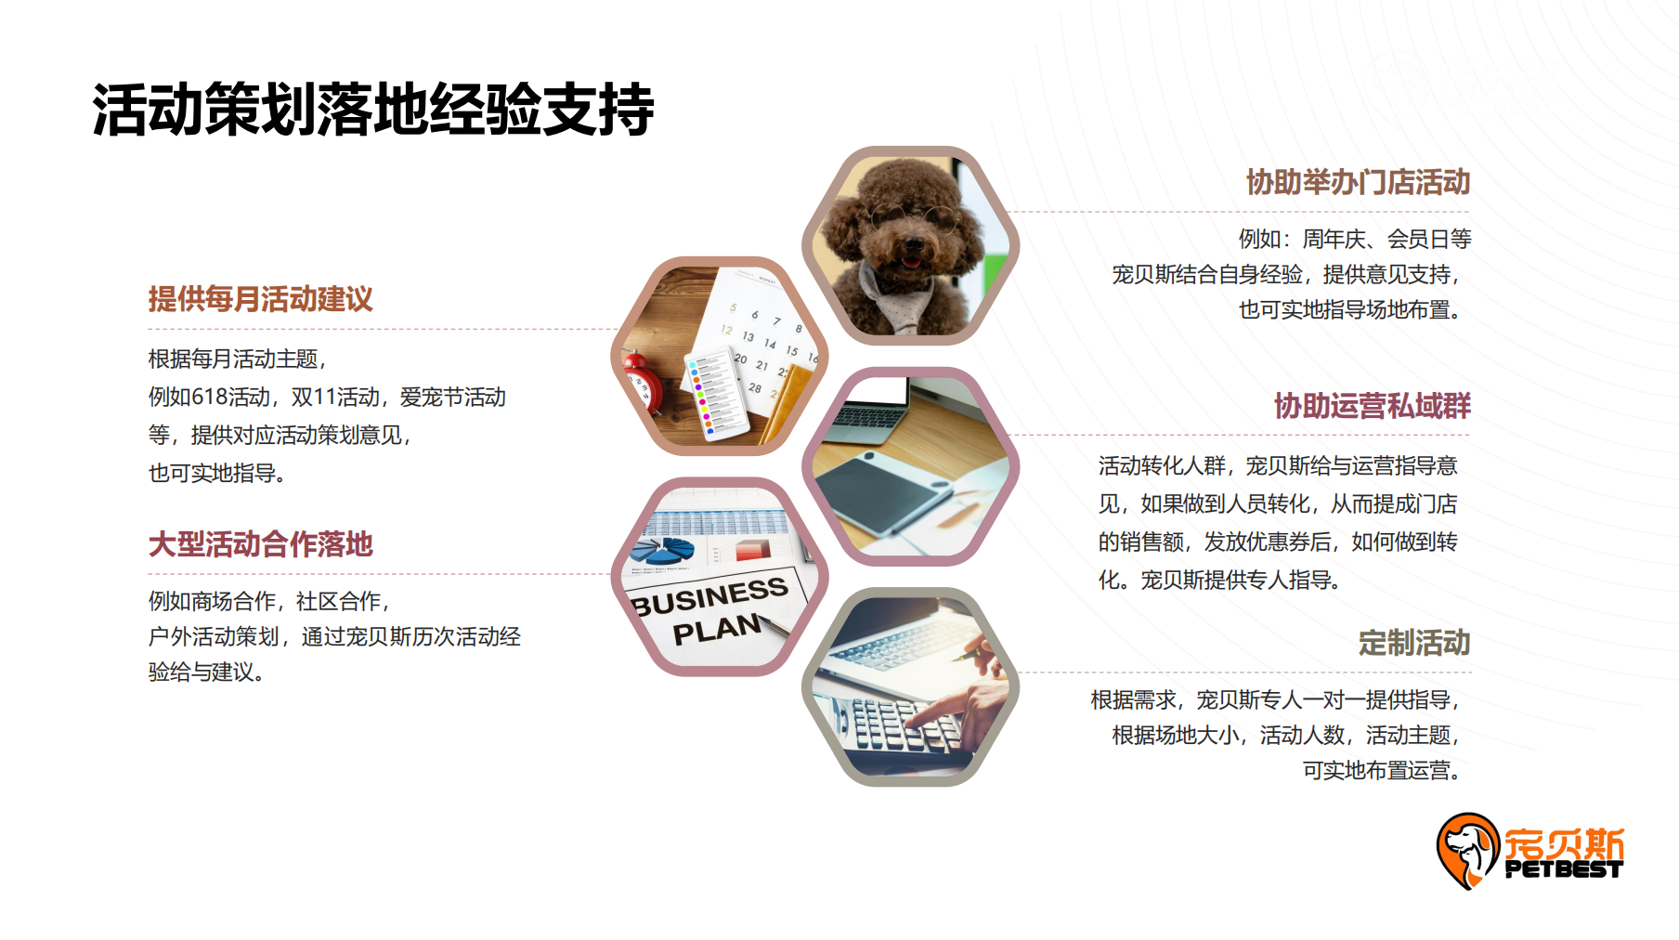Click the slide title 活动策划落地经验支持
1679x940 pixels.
click(373, 110)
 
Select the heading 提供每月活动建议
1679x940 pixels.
click(260, 299)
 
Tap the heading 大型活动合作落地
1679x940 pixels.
click(260, 544)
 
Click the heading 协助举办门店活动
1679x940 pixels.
click(1358, 182)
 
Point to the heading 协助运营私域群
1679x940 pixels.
click(1372, 406)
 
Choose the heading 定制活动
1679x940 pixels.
click(1413, 643)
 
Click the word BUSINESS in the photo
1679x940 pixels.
click(710, 595)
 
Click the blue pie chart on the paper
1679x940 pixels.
click(663, 549)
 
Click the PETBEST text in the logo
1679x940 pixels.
click(1563, 870)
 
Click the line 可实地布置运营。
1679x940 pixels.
click(1382, 770)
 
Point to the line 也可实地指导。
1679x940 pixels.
click(217, 474)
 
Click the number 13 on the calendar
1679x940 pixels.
click(748, 336)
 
